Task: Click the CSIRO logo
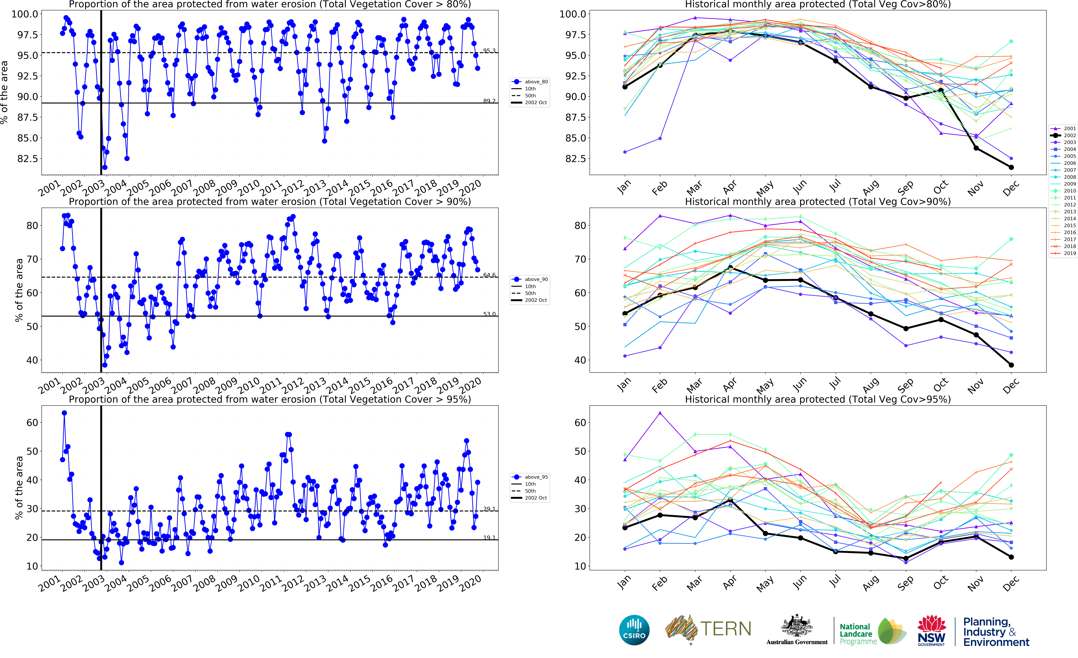634,630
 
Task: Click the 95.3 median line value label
489,51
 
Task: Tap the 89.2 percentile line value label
489,101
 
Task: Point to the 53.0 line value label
489,314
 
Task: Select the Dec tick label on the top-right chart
1011,188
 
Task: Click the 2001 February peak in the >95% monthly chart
660,413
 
